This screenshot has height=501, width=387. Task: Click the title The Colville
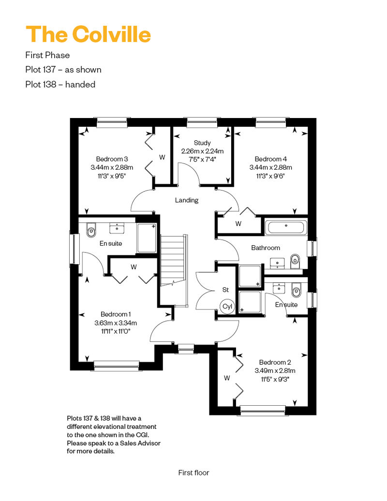coord(88,34)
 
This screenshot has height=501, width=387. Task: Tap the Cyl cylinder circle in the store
coord(227,306)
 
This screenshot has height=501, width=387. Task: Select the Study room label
coord(202,143)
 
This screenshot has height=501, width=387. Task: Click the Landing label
coord(187,200)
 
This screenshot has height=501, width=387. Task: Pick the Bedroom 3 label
coord(112,159)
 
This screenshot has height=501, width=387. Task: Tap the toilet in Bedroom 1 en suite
coord(90,231)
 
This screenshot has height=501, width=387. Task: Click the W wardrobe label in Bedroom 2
coord(227,378)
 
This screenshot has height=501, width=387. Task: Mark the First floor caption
coord(193,472)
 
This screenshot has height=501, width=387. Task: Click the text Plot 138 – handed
coord(60,84)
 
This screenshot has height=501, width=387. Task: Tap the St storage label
coord(225,290)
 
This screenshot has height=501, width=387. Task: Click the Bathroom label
coord(265,248)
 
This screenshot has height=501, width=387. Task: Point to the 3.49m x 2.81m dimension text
coord(274,371)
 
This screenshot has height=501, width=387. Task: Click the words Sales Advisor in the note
coord(140,443)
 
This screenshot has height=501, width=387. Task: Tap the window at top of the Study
coord(202,123)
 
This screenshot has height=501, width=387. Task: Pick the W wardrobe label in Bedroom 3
coord(162,157)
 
